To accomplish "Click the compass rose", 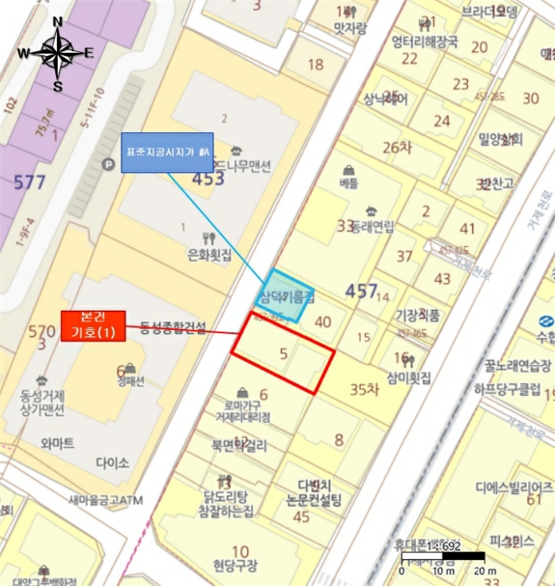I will [x=57, y=53].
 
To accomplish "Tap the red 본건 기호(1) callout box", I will [x=93, y=326].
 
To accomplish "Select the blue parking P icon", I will [x=106, y=166].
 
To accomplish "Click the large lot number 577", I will [x=30, y=182].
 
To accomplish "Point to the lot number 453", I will [x=208, y=177].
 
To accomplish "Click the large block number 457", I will [x=362, y=290].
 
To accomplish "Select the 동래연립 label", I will [x=372, y=225].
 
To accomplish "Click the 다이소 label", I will [x=112, y=462].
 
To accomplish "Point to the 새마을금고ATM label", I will [x=106, y=500].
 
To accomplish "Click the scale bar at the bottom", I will [x=443, y=556].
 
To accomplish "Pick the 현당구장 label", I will [x=236, y=564].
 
